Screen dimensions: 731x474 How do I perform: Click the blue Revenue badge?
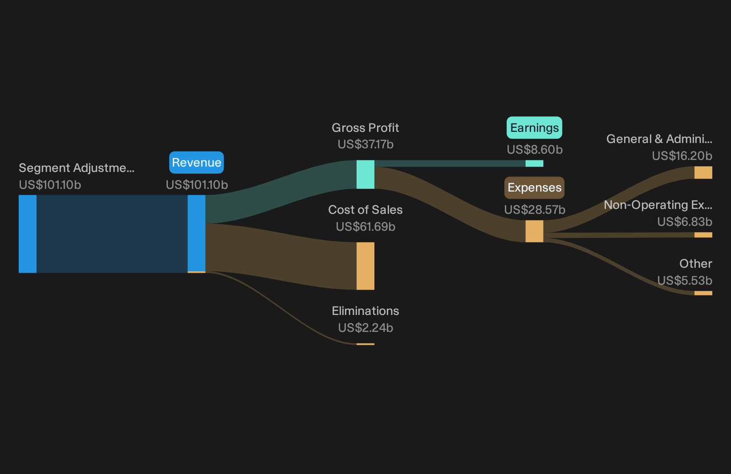196,162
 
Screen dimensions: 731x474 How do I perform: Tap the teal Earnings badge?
534,128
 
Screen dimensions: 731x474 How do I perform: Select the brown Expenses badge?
534,188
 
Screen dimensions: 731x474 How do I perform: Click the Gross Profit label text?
365,128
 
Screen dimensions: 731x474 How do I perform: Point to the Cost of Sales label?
365,210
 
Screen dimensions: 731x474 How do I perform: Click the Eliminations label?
365,311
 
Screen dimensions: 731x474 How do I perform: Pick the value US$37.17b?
365,144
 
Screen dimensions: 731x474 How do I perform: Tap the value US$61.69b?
365,226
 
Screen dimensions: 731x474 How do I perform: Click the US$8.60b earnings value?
535,150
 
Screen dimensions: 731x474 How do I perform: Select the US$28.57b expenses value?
535,210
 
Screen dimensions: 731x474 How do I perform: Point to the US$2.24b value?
365,327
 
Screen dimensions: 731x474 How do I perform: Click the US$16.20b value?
682,156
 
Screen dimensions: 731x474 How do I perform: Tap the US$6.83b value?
685,222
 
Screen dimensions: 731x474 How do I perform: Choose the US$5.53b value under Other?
685,281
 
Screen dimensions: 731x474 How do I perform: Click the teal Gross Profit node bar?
365,175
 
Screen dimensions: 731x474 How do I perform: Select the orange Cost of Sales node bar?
365,266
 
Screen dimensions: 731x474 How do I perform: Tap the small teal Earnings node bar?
534,163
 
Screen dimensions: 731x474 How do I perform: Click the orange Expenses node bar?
534,231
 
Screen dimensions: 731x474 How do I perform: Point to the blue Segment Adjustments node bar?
28,234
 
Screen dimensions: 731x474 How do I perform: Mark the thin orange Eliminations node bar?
365,344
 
